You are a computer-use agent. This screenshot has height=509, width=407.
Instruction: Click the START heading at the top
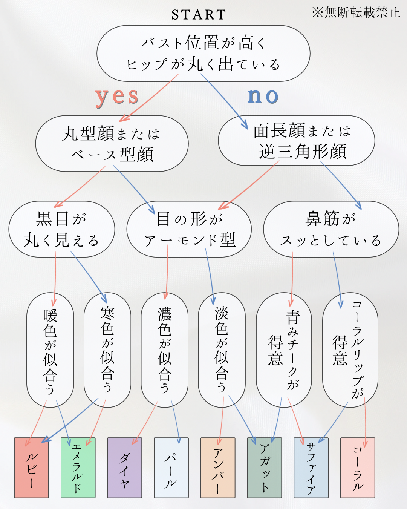[199, 15]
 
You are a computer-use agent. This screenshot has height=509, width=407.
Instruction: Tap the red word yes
[117, 97]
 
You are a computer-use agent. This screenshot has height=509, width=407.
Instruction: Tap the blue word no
[263, 96]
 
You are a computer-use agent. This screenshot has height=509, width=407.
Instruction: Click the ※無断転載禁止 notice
[356, 12]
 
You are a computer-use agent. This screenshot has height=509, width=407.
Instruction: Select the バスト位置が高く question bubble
[203, 54]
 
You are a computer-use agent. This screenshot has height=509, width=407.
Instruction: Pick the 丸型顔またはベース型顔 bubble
[112, 144]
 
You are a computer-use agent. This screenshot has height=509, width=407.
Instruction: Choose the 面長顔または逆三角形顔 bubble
[296, 141]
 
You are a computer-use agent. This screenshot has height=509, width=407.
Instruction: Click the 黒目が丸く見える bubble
[62, 229]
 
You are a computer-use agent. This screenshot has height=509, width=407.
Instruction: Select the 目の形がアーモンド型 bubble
[189, 229]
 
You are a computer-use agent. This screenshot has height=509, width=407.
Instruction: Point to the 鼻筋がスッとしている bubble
[331, 229]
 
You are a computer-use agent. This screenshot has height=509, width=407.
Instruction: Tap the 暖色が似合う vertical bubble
[50, 350]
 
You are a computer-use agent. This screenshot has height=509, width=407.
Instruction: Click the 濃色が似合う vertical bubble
[165, 350]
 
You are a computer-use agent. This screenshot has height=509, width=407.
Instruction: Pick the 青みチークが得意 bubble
[284, 350]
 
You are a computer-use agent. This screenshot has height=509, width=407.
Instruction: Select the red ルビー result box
[31, 468]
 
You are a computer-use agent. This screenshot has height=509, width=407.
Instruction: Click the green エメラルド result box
[78, 468]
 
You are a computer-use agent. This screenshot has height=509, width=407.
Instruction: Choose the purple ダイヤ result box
[125, 468]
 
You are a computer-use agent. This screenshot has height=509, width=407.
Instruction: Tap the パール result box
[171, 468]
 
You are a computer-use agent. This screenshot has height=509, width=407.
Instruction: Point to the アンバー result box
[218, 468]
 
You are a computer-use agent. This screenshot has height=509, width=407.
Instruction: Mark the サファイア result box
[311, 468]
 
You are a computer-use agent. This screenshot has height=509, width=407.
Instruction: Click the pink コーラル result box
[358, 468]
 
